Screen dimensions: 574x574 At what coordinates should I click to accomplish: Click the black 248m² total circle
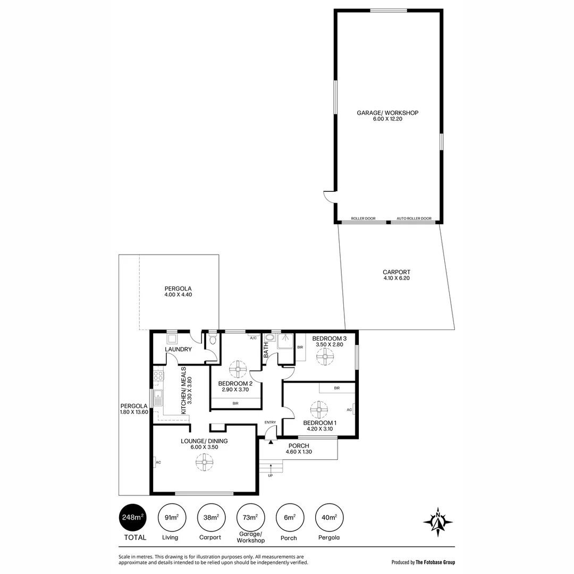point(132,518)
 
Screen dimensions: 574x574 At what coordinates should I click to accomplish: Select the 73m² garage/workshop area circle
point(250,518)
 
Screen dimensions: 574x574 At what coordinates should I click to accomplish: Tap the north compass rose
point(438,521)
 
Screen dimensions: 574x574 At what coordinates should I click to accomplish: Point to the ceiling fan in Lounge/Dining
point(204,463)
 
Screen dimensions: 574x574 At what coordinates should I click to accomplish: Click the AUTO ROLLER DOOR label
point(414,218)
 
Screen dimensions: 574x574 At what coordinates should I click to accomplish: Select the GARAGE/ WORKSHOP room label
point(387,113)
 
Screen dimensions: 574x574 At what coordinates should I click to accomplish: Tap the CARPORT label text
point(396,272)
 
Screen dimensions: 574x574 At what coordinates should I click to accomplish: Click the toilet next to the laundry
point(213,339)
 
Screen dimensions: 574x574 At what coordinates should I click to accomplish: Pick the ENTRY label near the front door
point(270,423)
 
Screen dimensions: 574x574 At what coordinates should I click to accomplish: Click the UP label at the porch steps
point(270,475)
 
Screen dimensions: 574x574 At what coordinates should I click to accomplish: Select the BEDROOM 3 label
point(329,339)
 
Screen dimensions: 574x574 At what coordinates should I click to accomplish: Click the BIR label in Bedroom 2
point(235,404)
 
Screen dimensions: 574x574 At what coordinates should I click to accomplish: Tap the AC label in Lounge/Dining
point(158,462)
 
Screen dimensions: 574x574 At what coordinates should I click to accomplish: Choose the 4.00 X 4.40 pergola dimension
point(178,295)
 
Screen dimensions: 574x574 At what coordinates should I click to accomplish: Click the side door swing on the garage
point(329,197)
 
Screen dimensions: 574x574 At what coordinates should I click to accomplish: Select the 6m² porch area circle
point(289,518)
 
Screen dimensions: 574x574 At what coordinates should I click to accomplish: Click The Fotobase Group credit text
point(435,562)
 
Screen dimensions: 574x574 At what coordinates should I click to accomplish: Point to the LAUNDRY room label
point(178,349)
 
